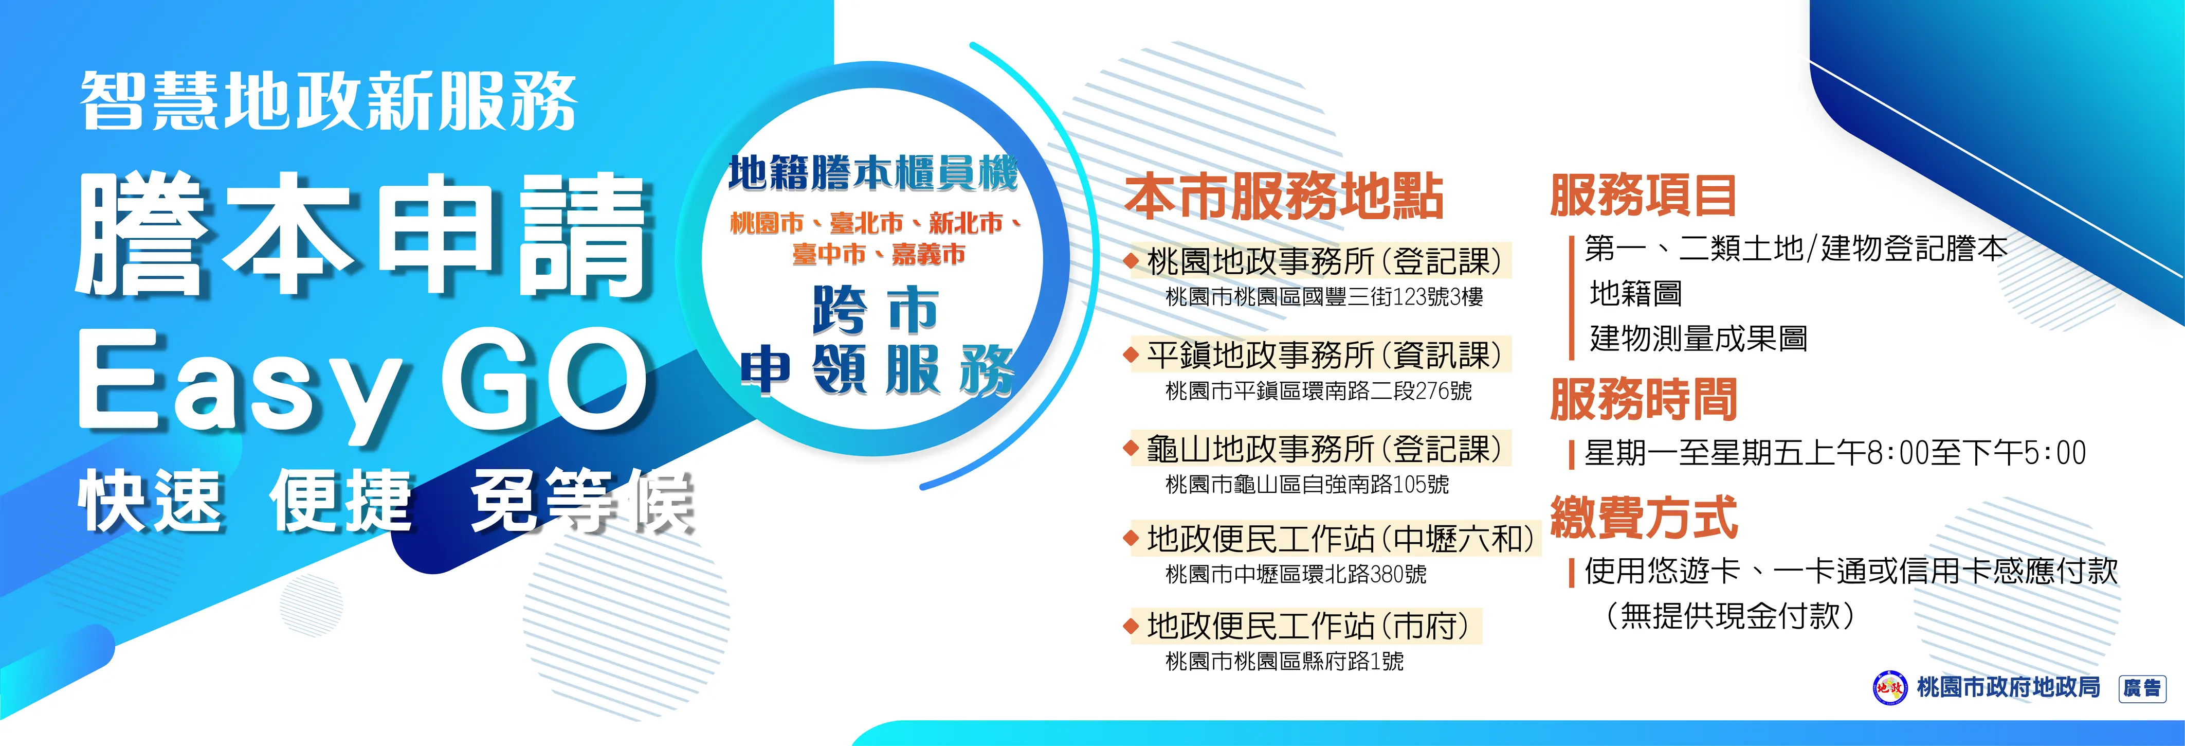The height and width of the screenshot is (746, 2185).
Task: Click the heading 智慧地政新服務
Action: pyautogui.click(x=329, y=102)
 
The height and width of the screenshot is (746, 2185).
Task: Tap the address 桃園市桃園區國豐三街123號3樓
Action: pyautogui.click(x=1324, y=297)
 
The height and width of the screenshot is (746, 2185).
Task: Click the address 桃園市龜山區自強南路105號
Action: pyautogui.click(x=1307, y=485)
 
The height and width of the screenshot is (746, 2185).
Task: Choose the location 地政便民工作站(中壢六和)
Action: pyautogui.click(x=1340, y=539)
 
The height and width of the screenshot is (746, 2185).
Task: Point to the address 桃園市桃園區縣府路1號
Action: pyautogui.click(x=1284, y=661)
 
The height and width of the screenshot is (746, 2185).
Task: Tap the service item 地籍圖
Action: pyautogui.click(x=1635, y=294)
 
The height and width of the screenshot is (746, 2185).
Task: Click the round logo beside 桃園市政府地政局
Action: pyautogui.click(x=1889, y=687)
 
